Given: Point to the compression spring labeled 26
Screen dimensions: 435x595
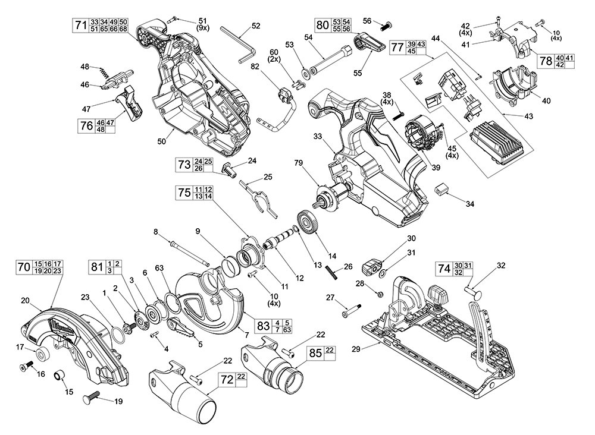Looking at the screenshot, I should (x=331, y=274).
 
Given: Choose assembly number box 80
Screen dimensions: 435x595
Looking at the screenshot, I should (x=322, y=25).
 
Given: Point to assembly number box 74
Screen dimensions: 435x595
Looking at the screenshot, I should (x=443, y=268).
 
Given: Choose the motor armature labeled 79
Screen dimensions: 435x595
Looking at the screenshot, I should (x=328, y=199).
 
